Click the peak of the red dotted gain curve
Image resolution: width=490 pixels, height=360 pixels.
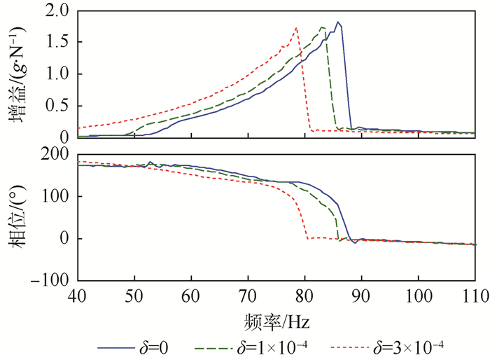coord(296,28)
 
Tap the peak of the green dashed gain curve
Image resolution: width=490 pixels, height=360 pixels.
coord(322,27)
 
